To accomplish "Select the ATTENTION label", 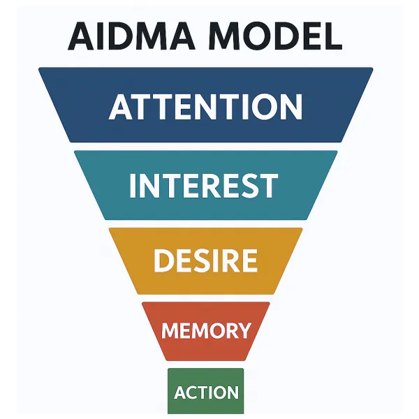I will (x=206, y=107).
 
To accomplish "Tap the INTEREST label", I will (x=205, y=185).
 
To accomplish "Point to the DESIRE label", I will (x=205, y=260).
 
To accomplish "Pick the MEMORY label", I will (x=206, y=330).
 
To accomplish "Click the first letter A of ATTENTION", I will (x=122, y=107).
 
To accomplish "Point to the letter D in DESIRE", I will (x=163, y=260).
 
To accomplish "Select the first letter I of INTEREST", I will (x=134, y=185).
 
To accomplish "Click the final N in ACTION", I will (x=233, y=392).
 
